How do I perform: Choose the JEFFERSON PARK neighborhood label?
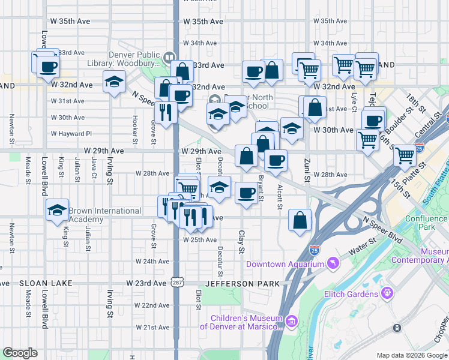[243, 283]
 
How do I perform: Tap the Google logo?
[20, 353]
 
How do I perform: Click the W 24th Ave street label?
[152, 262]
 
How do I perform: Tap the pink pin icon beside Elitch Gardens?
[388, 293]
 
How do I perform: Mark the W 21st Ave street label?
[152, 328]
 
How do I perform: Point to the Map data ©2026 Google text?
[412, 355]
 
